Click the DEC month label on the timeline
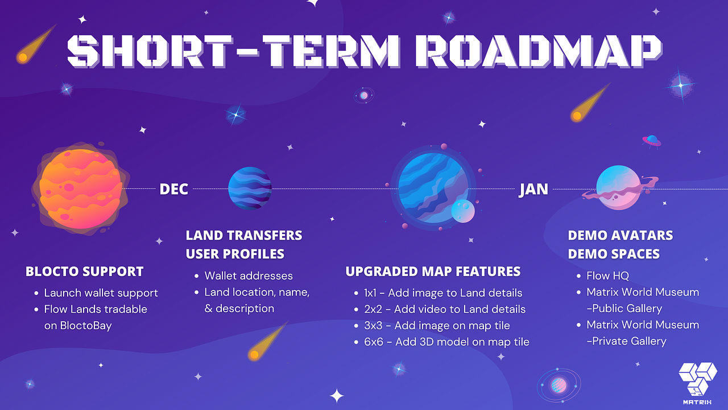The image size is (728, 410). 173,189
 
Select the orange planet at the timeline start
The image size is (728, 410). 81,188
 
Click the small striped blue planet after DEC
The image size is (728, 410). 250,188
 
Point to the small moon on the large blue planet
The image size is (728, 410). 463,211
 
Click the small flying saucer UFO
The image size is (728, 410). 652,141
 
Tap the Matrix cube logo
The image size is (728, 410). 697,383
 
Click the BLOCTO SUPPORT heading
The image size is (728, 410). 85,272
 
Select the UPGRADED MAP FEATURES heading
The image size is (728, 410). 433,272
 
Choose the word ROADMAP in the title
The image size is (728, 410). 538,51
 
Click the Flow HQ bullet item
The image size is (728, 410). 607,276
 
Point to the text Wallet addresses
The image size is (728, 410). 249,276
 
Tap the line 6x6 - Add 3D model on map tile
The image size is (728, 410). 446,342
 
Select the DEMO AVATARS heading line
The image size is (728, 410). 621,235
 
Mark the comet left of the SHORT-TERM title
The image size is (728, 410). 36,44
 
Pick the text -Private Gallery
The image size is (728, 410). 626,341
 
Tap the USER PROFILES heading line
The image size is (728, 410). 235,254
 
